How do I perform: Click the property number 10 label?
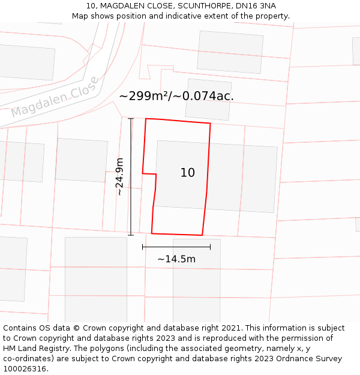[187, 173]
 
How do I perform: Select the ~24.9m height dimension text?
[120, 176]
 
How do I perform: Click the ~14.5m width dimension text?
[176, 259]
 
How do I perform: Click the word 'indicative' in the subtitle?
[191, 16]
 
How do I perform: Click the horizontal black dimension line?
[176, 247]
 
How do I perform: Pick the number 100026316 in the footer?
[23, 369]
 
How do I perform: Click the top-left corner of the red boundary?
[146, 119]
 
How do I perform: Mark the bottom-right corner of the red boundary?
[202, 235]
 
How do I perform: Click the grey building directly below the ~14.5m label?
[196, 288]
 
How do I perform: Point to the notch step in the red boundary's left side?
[156, 175]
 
